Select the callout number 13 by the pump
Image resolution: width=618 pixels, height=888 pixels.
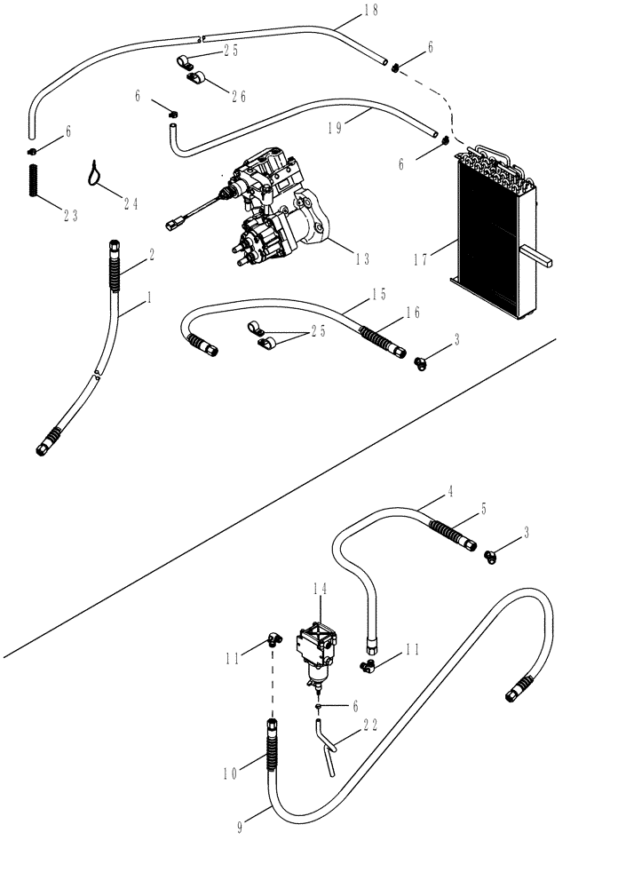click(x=362, y=258)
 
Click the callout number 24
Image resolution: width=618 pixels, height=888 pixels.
click(x=131, y=203)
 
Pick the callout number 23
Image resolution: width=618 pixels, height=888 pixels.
click(x=72, y=215)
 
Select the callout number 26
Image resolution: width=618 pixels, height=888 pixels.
click(x=239, y=97)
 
